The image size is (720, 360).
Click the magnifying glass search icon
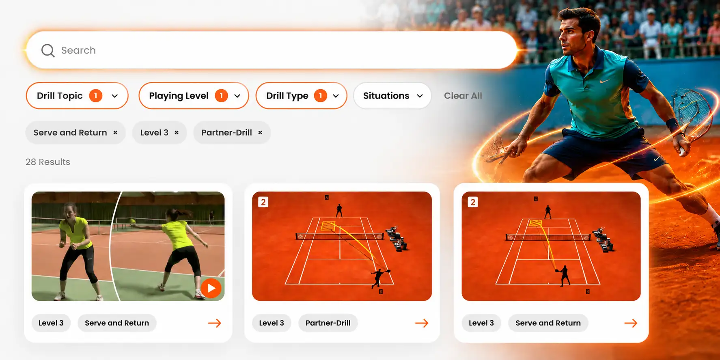[48, 50]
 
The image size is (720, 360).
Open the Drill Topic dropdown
[77, 96]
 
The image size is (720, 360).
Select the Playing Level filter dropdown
[194, 96]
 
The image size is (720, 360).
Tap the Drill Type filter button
[301, 96]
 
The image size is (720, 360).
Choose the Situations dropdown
[392, 96]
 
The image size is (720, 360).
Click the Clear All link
[463, 96]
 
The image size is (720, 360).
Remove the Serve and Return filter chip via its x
[115, 133]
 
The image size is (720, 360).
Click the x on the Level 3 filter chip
[177, 133]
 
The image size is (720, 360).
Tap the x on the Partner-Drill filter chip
[260, 133]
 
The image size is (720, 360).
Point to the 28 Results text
[48, 162]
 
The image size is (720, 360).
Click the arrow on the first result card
[215, 323]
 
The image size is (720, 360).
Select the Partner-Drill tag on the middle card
[328, 323]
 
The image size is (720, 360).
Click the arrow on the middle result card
[422, 323]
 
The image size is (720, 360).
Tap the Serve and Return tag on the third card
[548, 323]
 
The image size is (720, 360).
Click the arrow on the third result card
[631, 323]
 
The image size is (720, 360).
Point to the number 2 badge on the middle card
[263, 202]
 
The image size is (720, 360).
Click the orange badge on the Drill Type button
[320, 96]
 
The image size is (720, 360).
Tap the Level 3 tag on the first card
[51, 323]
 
